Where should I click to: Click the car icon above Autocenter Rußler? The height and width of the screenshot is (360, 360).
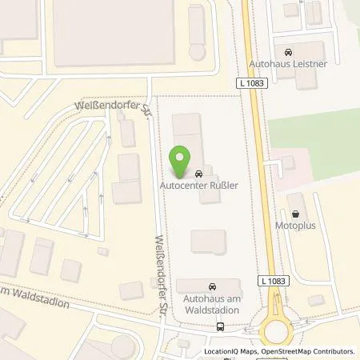coord(198,173)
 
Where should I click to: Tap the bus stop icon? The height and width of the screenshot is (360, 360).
coord(220,326)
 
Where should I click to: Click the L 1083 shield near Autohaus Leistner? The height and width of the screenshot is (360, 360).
coord(252,82)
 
